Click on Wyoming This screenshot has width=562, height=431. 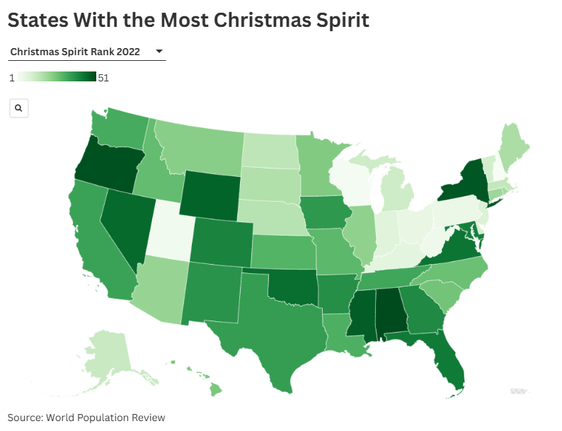[210, 192]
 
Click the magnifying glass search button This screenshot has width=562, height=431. [19, 108]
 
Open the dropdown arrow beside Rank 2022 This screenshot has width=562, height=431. [159, 51]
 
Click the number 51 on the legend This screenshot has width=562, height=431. [103, 78]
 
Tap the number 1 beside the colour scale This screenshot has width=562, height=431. [11, 78]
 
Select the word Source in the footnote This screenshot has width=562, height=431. [24, 418]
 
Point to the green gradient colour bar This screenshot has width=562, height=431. [57, 77]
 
